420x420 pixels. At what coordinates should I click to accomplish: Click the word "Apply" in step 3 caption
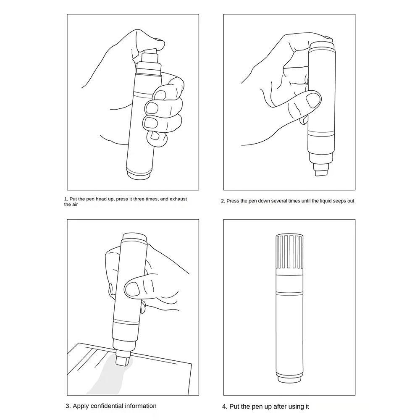[x=81, y=406]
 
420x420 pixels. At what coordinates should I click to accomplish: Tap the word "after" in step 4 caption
[x=280, y=407]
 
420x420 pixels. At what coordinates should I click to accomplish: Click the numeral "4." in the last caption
[x=225, y=407]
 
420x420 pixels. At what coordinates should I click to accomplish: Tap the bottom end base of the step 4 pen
[x=289, y=379]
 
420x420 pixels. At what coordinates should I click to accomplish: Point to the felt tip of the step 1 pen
[x=150, y=52]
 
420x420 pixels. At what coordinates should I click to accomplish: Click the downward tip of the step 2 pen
[x=321, y=173]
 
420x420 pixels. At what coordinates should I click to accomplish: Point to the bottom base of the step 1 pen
[x=139, y=176]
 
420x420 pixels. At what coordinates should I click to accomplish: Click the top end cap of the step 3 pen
[x=134, y=237]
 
